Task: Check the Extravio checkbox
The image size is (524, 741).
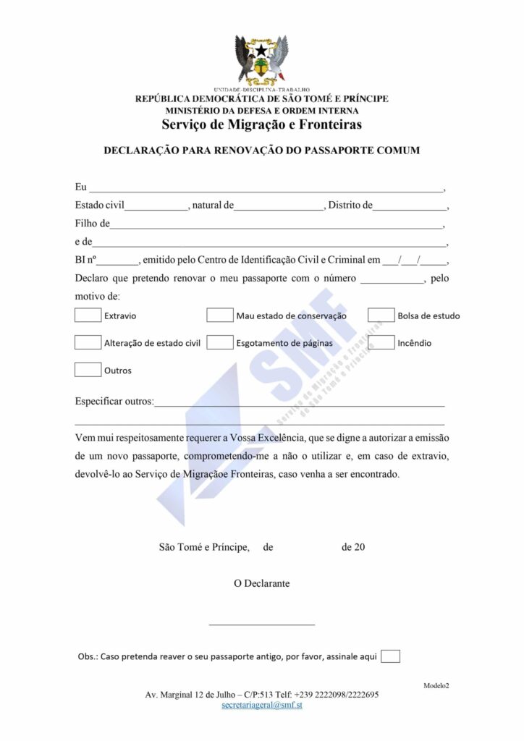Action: [x=88, y=315]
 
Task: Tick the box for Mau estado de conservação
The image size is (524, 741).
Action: [x=219, y=315]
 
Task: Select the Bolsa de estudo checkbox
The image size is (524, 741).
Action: [x=381, y=315]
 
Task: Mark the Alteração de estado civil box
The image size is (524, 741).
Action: [x=88, y=342]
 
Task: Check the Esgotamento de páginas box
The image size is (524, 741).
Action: [x=219, y=342]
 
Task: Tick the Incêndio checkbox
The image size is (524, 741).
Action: [x=381, y=342]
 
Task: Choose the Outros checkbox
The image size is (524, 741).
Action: [x=88, y=370]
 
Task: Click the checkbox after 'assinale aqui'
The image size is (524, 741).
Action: [x=390, y=656]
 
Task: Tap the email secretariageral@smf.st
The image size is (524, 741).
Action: [x=262, y=705]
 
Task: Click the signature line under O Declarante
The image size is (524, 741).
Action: [x=262, y=622]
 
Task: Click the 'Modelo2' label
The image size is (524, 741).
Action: [x=436, y=685]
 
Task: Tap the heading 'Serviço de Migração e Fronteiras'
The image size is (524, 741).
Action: [x=262, y=124]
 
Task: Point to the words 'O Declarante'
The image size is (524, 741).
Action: [x=262, y=583]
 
